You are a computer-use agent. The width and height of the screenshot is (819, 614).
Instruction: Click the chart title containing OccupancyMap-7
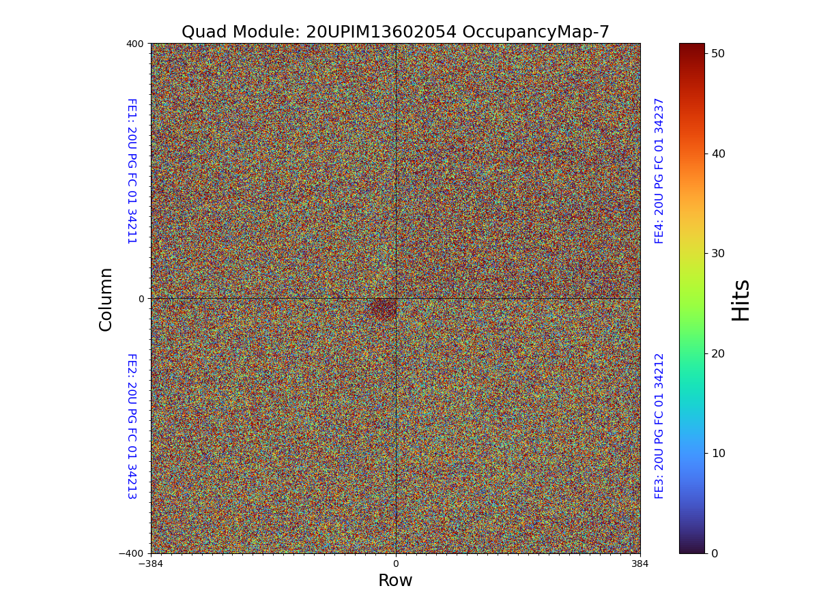395,32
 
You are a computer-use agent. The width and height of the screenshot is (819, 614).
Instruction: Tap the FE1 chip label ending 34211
131,171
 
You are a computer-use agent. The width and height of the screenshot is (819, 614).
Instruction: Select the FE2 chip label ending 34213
131,426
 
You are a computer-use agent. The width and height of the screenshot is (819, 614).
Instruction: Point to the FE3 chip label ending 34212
659,426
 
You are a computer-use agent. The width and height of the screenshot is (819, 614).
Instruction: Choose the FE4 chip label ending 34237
659,171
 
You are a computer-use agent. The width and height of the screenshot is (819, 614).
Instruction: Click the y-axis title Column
106,299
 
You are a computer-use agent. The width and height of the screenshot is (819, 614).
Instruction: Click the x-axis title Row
395,581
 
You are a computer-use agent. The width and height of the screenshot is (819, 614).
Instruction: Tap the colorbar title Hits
741,300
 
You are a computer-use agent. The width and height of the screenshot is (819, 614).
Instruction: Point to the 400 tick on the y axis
135,44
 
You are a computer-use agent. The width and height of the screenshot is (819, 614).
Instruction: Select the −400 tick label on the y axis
132,553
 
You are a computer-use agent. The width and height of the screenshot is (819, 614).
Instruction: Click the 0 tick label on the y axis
141,299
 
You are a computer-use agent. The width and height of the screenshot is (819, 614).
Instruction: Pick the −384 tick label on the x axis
151,564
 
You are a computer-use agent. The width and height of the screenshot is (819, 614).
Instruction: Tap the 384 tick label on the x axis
640,564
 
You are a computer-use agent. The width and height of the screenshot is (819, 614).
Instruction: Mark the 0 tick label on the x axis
395,564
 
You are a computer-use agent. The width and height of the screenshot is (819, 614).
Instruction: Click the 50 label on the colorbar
717,53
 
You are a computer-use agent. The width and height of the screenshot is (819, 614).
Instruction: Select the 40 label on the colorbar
717,153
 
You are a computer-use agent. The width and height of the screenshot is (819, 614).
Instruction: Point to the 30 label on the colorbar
717,253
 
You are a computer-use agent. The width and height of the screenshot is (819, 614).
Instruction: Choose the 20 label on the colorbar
717,353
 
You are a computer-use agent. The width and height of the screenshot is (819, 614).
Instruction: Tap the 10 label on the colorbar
717,453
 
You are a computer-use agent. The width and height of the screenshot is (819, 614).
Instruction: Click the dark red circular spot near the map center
384,310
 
